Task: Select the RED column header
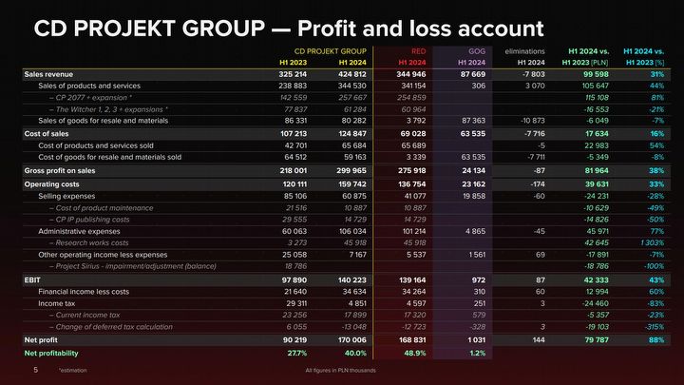click(x=417, y=49)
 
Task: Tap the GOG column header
click(x=477, y=49)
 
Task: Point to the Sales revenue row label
click(x=47, y=73)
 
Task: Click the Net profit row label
click(x=41, y=339)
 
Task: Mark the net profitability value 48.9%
click(x=414, y=353)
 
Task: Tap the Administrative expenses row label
click(x=79, y=230)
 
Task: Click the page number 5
click(x=35, y=369)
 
